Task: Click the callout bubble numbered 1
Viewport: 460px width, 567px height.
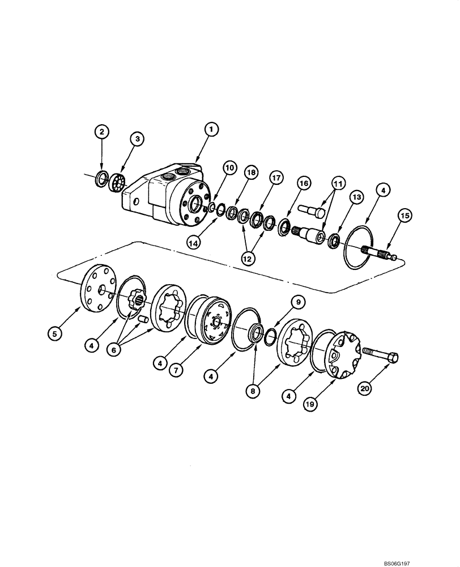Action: point(210,130)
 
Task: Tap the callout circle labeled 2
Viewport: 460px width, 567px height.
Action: point(102,132)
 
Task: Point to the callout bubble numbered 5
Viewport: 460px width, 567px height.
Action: point(54,335)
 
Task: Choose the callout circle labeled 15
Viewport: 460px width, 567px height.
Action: point(405,216)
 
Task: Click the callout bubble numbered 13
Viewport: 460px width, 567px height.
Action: point(356,196)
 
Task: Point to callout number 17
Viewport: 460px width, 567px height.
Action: point(276,177)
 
